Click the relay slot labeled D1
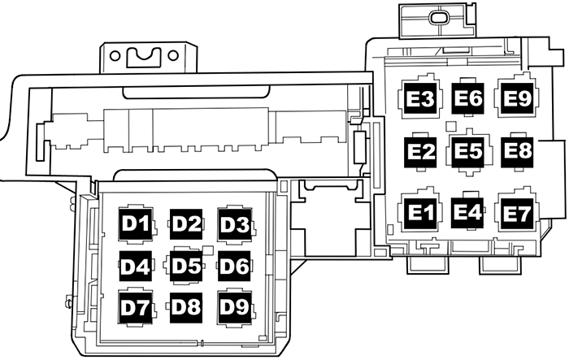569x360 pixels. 137,222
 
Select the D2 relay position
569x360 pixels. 185,222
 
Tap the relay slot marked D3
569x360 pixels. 235,222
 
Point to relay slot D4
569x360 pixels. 137,265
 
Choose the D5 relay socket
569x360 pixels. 185,265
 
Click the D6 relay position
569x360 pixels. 235,265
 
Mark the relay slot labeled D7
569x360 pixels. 137,306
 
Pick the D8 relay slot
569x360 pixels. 185,306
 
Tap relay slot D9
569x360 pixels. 235,306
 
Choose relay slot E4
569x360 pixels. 468,213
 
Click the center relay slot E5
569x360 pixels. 468,151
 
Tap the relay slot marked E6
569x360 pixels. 468,99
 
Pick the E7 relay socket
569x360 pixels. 517,213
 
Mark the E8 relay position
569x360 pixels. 517,151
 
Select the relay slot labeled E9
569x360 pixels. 517,99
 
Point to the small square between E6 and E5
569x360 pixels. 450,125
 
